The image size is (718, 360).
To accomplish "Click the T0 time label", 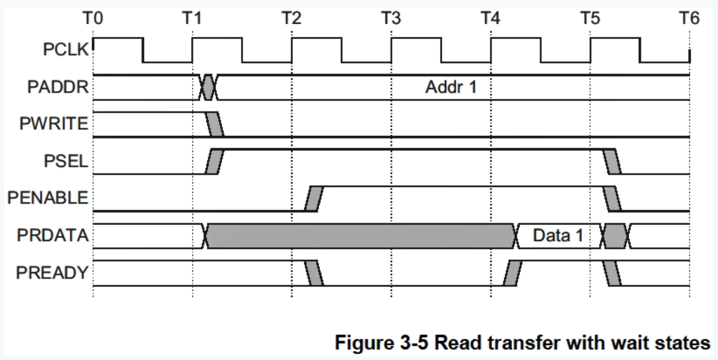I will [x=93, y=19].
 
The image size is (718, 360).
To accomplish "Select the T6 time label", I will [x=689, y=19].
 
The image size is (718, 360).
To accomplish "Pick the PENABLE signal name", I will [x=48, y=198].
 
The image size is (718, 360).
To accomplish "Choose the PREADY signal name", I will [x=51, y=272].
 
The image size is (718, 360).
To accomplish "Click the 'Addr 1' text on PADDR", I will [x=450, y=88].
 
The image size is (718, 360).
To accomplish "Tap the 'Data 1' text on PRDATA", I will [x=558, y=235].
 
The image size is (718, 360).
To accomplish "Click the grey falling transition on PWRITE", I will [x=215, y=124].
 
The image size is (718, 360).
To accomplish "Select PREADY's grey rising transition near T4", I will [x=512, y=273].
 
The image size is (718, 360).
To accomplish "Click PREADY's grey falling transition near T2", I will [x=314, y=273].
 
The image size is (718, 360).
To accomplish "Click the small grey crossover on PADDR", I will [x=208, y=88].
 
